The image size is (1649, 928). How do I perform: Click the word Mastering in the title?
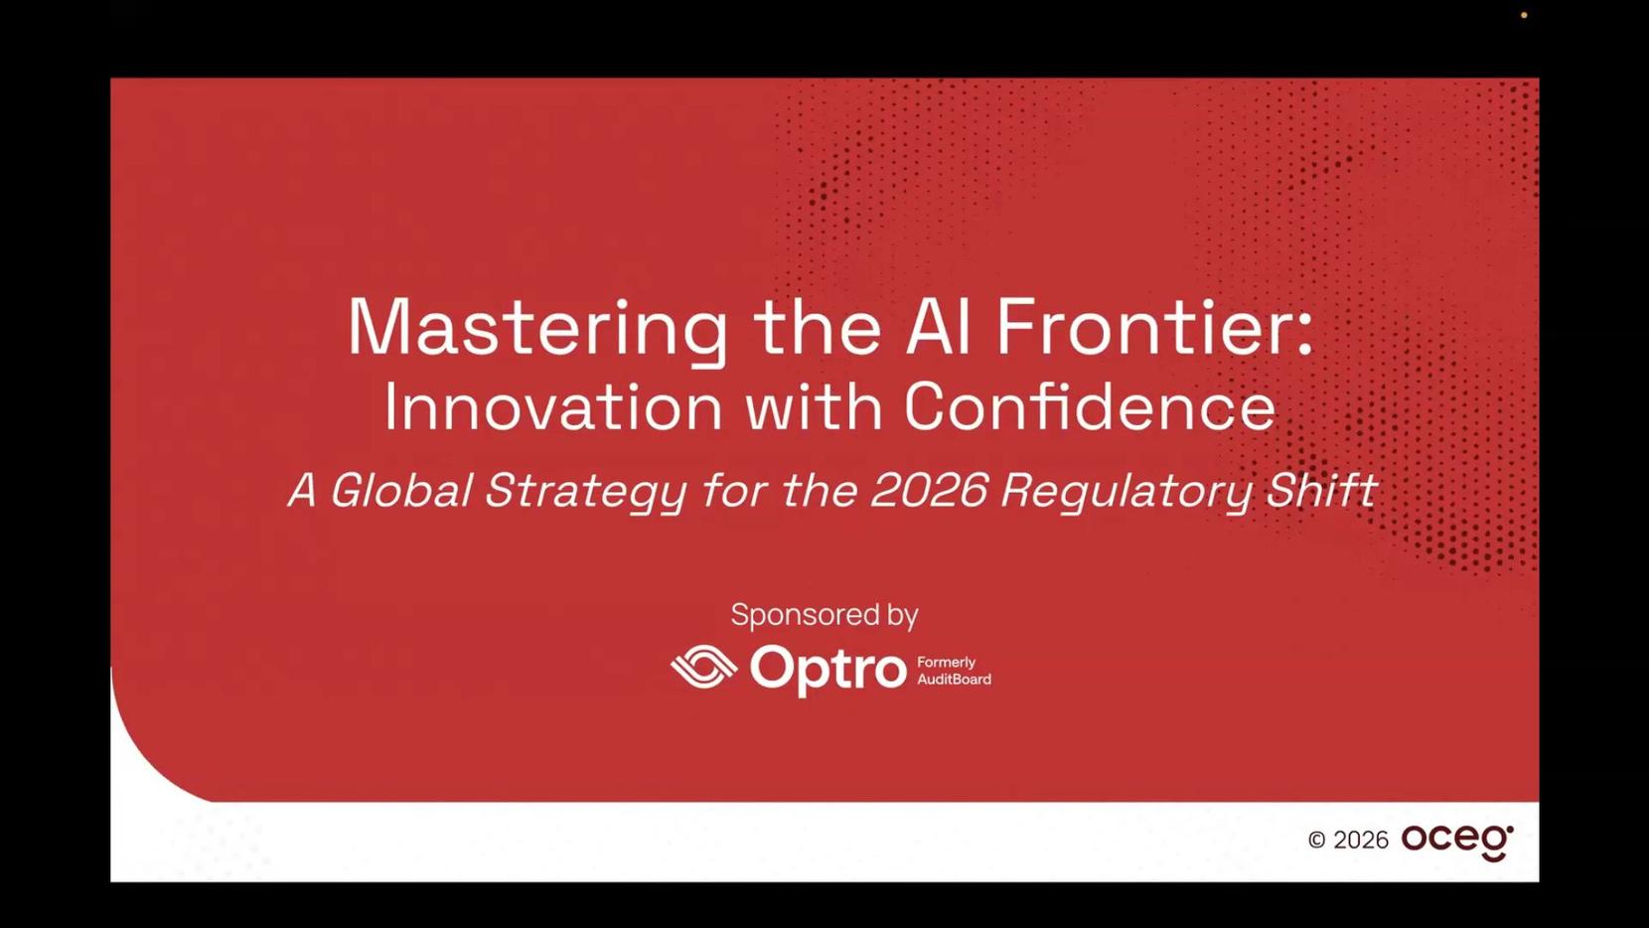click(537, 329)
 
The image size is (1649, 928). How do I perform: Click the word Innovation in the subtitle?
click(553, 406)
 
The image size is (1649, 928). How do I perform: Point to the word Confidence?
click(1090, 406)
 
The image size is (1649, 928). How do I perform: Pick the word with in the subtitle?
click(814, 406)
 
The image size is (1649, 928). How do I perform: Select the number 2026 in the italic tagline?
click(929, 490)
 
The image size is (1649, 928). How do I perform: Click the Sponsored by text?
click(824, 616)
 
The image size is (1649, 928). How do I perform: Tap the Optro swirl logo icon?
click(703, 667)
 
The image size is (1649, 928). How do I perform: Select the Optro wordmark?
click(828, 670)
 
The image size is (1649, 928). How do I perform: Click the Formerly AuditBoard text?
click(954, 671)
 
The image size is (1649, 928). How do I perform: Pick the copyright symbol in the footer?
click(1317, 840)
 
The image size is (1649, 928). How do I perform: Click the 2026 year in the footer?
click(1361, 840)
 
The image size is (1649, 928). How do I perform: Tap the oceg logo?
click(1457, 843)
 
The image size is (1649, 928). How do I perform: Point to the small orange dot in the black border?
click(1524, 15)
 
